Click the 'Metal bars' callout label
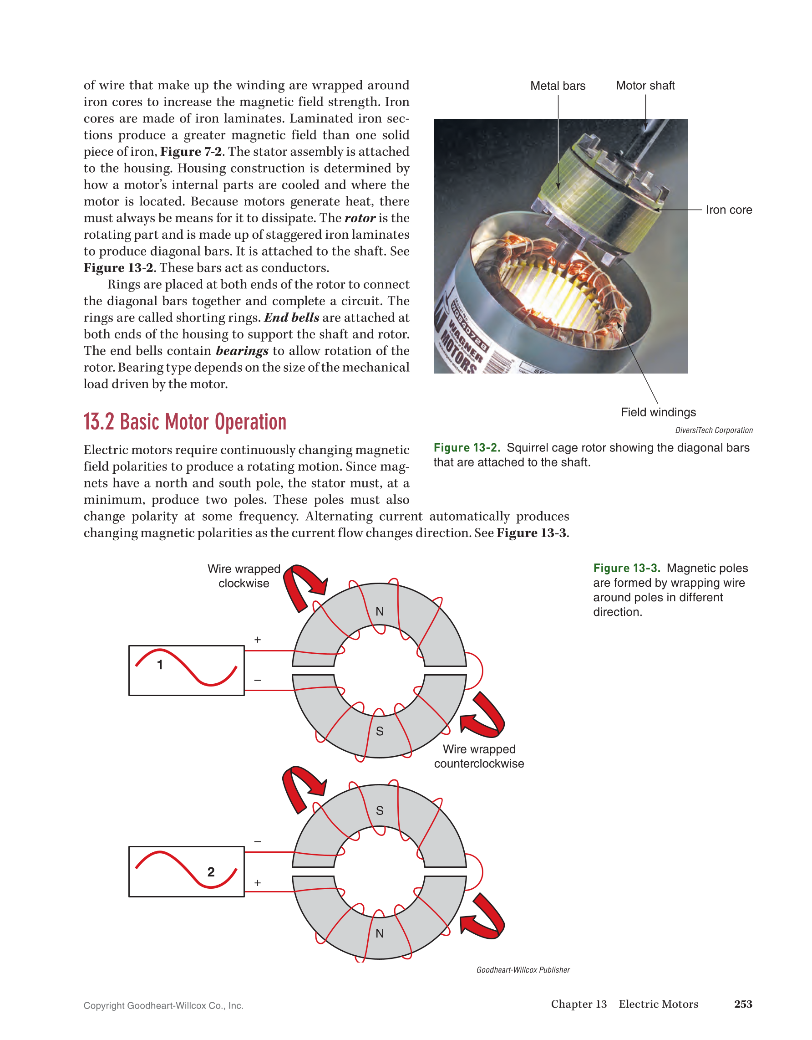tap(558, 86)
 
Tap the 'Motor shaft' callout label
tap(645, 86)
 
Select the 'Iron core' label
tap(728, 210)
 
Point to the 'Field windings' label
tap(658, 412)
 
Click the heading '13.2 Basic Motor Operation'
tap(185, 422)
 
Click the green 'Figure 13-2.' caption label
tap(467, 448)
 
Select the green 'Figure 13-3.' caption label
tap(626, 568)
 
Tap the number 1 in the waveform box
tap(160, 665)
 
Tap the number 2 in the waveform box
tap(211, 872)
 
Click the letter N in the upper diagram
tap(380, 611)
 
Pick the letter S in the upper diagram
tap(380, 732)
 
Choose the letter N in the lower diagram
tap(380, 933)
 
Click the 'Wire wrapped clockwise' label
tap(244, 576)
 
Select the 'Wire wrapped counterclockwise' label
tap(478, 756)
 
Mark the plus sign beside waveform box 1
tap(257, 640)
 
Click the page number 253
tap(743, 1004)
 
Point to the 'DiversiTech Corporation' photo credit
tap(714, 430)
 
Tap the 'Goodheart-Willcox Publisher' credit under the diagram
tap(523, 970)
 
